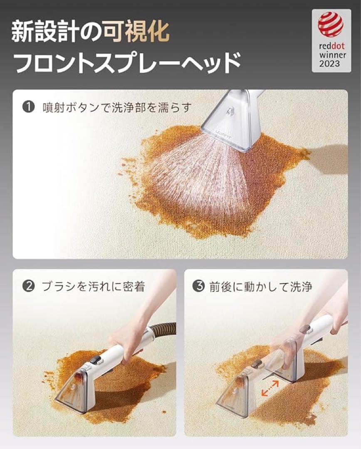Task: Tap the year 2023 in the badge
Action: [330, 64]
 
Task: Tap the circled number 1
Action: [28, 107]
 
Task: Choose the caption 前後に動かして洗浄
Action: [260, 286]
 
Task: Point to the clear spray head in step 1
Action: [231, 121]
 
